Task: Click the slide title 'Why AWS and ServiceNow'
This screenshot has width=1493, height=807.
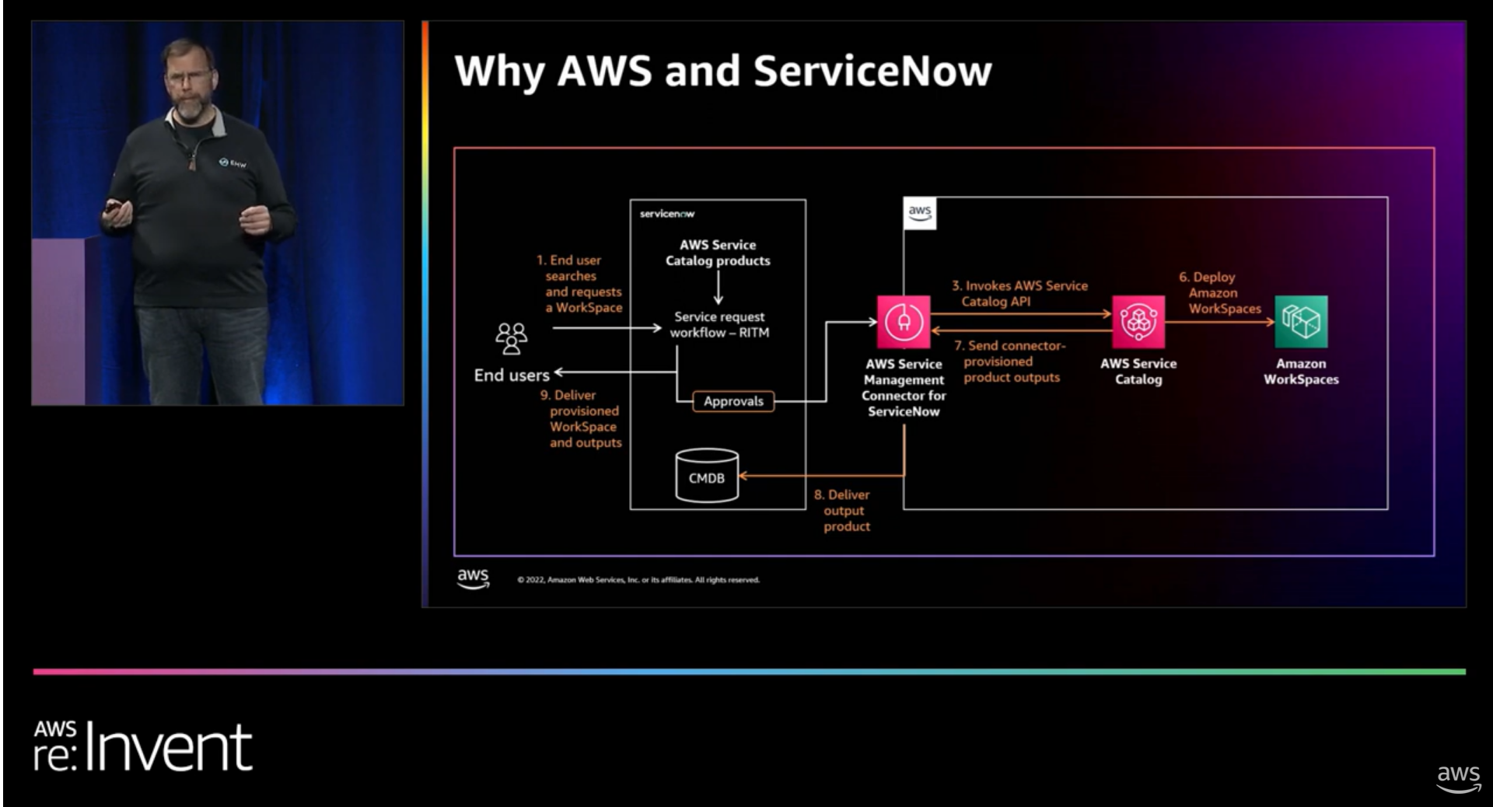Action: [x=722, y=72]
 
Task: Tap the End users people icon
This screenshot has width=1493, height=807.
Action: [x=511, y=339]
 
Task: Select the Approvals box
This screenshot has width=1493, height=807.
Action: [x=733, y=401]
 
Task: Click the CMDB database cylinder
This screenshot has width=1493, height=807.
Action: [x=706, y=476]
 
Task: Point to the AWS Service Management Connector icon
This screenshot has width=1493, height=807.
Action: [x=904, y=321]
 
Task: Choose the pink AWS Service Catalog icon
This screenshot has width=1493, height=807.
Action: [x=1138, y=321]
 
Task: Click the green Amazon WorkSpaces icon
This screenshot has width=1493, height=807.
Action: [x=1301, y=321]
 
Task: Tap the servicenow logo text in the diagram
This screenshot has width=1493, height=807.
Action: [x=667, y=214]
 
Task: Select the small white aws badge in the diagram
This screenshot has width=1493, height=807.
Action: [x=920, y=213]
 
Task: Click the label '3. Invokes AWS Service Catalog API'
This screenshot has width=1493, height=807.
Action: [x=1019, y=294]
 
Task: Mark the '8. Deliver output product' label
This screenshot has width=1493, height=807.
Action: [x=843, y=510]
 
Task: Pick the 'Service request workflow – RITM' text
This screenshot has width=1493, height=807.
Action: [x=719, y=324]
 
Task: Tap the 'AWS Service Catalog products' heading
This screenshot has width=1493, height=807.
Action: [x=718, y=253]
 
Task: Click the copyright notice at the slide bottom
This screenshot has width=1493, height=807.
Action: [x=638, y=580]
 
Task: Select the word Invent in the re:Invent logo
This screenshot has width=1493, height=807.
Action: [x=169, y=748]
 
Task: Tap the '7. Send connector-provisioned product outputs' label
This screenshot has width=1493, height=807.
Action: [x=1011, y=362]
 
